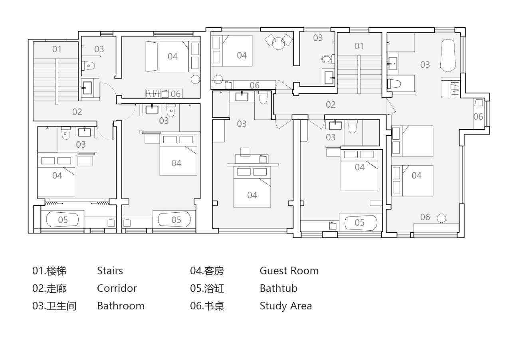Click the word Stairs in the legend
[110, 271]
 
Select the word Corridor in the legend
[117, 289]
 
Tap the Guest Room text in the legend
[289, 271]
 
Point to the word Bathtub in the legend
[279, 289]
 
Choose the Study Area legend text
[285, 306]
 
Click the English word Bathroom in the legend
[121, 306]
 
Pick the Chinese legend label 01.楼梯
[49, 271]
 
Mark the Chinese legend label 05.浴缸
[207, 289]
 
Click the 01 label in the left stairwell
[57, 49]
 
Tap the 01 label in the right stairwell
[359, 46]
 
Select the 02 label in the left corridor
[77, 112]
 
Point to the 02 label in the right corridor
[331, 105]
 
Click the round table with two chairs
[279, 42]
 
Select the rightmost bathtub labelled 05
[360, 223]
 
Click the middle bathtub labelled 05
[174, 220]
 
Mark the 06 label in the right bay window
[478, 117]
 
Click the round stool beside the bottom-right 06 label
[442, 218]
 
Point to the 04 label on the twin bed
[416, 176]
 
